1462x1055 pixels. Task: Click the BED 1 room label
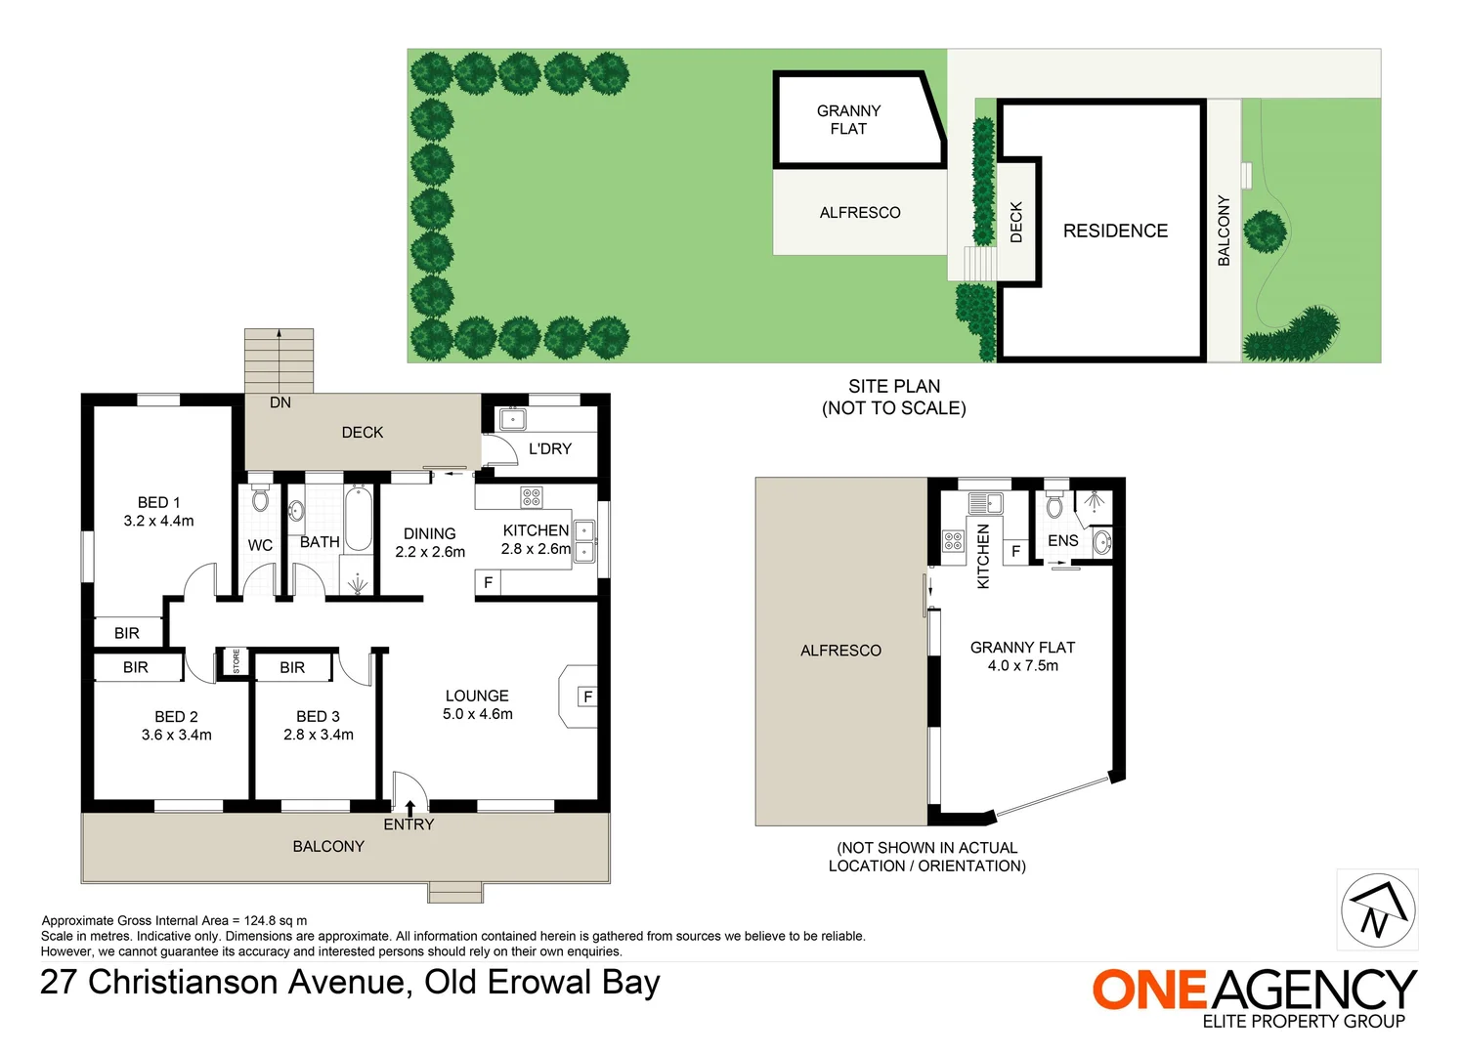(158, 502)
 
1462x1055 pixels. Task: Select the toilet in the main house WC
(260, 499)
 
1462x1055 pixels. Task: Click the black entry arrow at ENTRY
(409, 807)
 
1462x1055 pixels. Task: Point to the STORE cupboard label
(236, 661)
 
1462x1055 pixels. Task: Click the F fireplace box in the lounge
(587, 696)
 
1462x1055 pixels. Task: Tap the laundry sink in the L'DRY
(513, 419)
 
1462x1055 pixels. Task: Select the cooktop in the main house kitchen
(531, 497)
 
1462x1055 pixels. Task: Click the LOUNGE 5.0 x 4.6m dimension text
(477, 714)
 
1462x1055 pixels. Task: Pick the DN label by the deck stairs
(280, 402)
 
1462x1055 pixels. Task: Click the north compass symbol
(1377, 910)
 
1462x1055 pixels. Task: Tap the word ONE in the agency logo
(1150, 990)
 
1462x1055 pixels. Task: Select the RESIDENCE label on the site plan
(1115, 231)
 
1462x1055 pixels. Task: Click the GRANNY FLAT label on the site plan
(848, 119)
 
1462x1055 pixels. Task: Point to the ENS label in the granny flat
(1062, 540)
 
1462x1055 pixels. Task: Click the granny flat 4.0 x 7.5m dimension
(1022, 665)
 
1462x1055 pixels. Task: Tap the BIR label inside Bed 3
(292, 667)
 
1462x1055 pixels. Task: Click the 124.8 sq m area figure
(276, 920)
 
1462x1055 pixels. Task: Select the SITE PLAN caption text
(893, 386)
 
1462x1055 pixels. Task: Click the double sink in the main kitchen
(584, 541)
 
